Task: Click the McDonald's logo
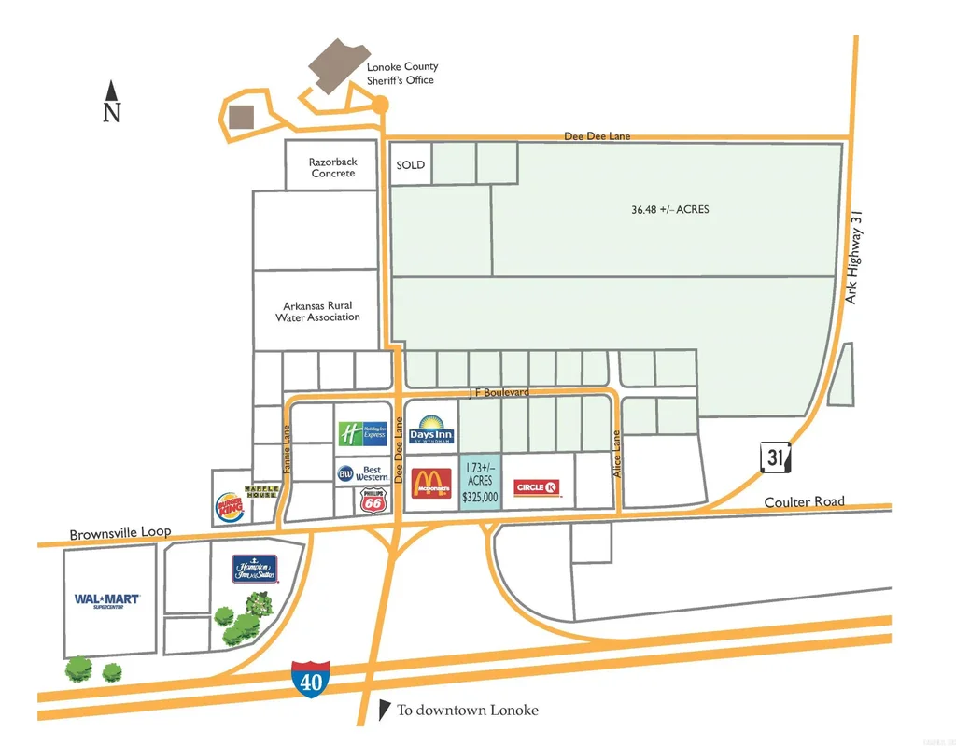(432, 483)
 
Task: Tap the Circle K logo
(537, 486)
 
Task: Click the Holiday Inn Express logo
(362, 432)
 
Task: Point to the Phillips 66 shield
(373, 500)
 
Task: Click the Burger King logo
(229, 508)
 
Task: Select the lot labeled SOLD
(410, 164)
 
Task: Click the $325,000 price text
(480, 497)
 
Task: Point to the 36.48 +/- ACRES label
(669, 210)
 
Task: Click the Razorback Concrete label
(333, 168)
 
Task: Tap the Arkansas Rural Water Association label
(317, 312)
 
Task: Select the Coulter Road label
(804, 502)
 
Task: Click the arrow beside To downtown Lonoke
(384, 711)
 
